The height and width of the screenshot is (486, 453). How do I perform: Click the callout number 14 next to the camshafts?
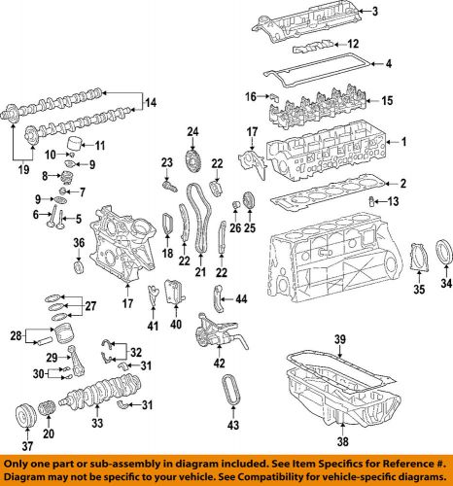coord(151,102)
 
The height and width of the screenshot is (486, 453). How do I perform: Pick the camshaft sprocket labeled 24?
coord(193,158)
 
